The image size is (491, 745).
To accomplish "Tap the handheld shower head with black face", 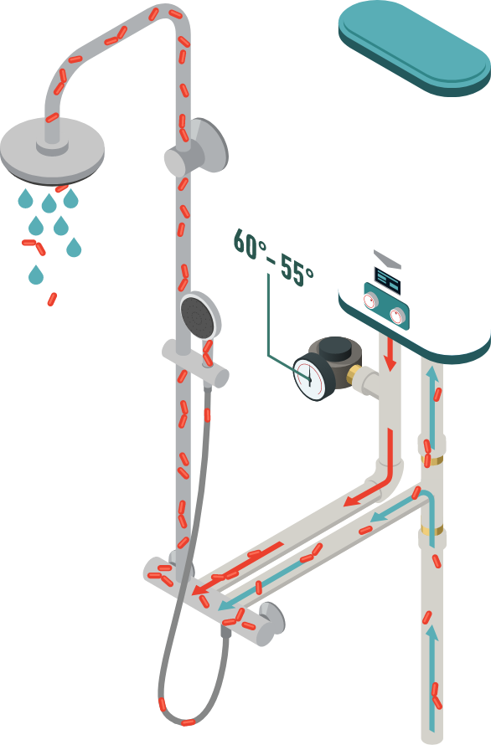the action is pyautogui.click(x=200, y=316).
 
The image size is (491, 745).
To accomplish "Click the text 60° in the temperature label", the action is pyautogui.click(x=248, y=244).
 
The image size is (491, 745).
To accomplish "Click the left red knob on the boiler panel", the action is pyautogui.click(x=370, y=301).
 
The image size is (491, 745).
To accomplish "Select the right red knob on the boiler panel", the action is pyautogui.click(x=397, y=316).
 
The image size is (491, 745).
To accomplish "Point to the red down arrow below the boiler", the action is pyautogui.click(x=390, y=353).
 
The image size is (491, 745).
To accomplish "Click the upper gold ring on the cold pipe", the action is pyautogui.click(x=432, y=460).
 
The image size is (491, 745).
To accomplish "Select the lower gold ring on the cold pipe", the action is pyautogui.click(x=432, y=529).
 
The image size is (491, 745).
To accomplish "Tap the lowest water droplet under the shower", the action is pyautogui.click(x=36, y=275).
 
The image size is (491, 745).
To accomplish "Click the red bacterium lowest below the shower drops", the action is pyautogui.click(x=52, y=299).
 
